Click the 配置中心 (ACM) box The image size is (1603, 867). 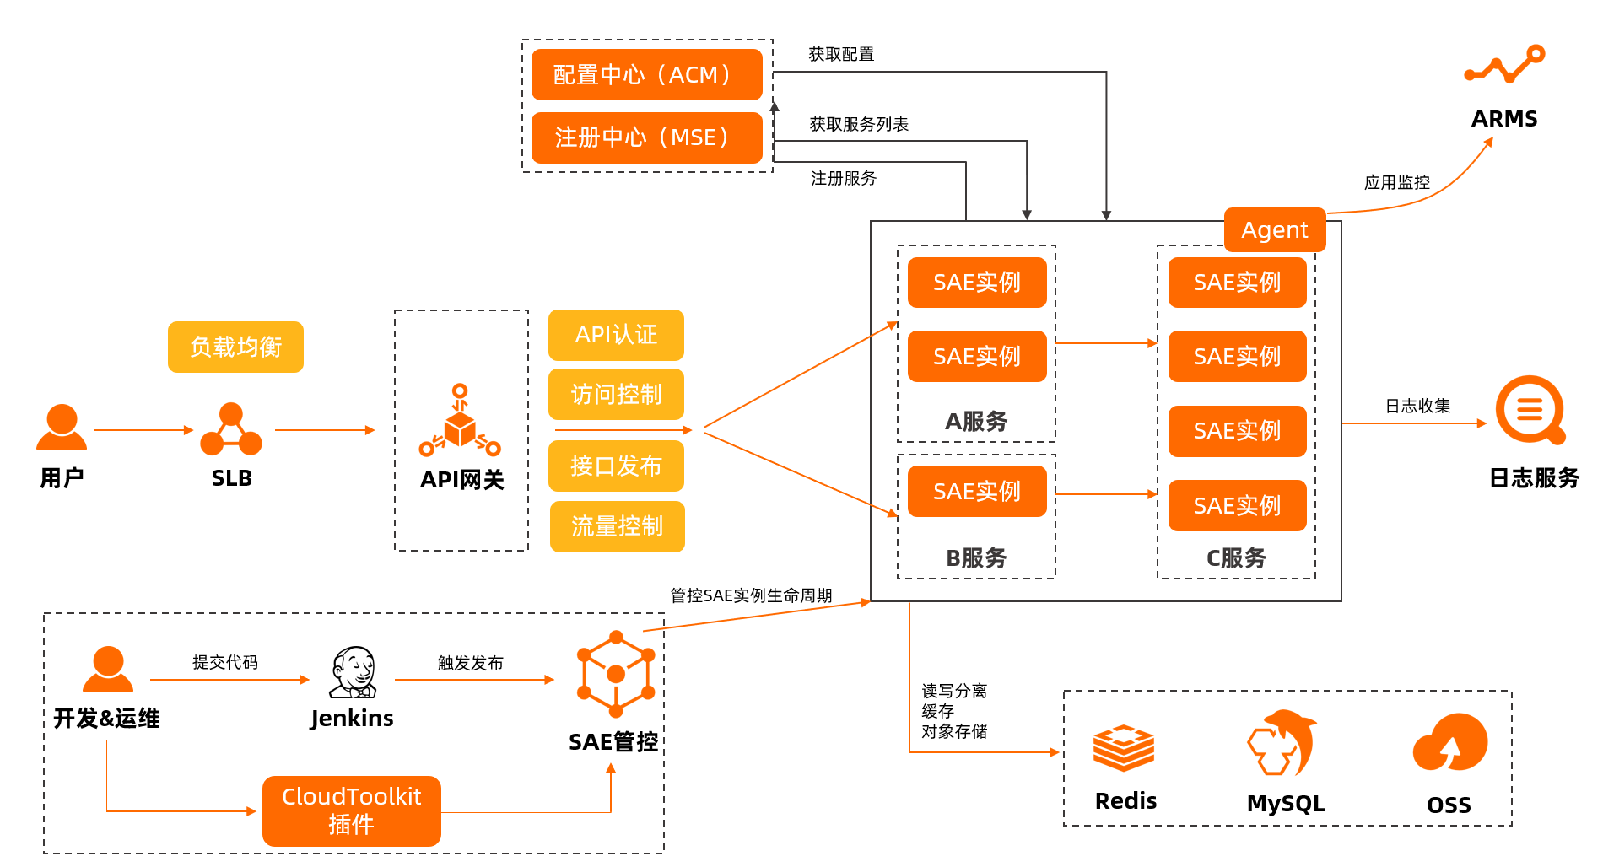pos(646,74)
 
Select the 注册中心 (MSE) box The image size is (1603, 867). pos(646,137)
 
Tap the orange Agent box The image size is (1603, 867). pos(1274,229)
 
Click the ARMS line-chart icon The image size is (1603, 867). pos(1504,65)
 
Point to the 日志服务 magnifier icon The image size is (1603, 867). pos(1530,411)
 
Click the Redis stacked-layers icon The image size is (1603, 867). pos(1123,748)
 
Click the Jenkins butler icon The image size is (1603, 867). pos(353,673)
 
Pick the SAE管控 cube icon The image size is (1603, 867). pos(616,674)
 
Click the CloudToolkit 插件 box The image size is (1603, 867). pos(351,810)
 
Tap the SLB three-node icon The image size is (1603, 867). pos(231,429)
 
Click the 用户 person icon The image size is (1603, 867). pos(62,428)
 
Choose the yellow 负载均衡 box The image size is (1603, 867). pos(235,347)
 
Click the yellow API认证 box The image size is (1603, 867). pos(616,335)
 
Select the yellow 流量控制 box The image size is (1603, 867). pos(617,526)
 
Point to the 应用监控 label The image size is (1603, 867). pos(1396,182)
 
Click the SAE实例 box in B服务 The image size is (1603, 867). pos(976,491)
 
